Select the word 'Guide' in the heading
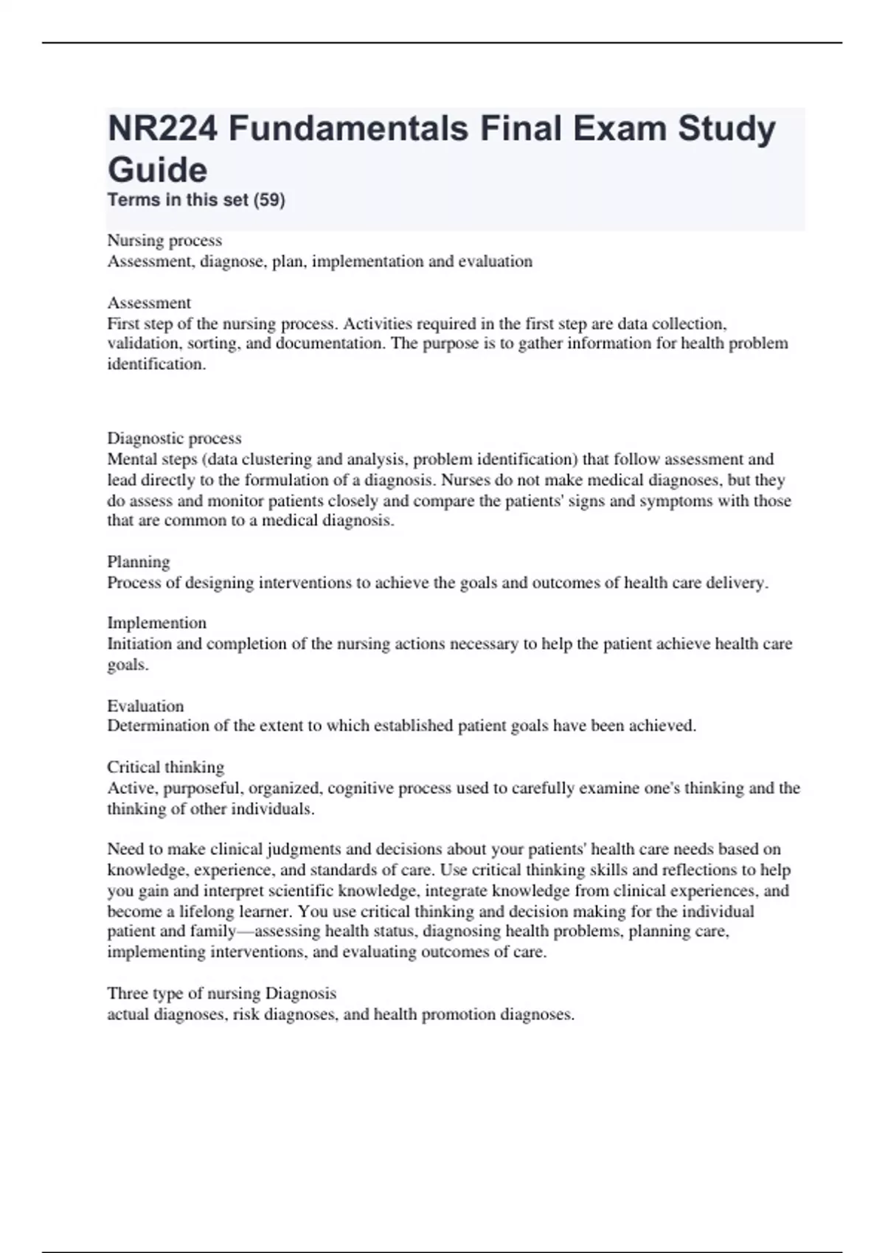157,170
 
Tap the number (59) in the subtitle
268,200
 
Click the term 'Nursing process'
164,240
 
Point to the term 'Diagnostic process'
174,438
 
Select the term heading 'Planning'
139,562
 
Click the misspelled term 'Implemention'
156,623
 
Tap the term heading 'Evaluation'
145,705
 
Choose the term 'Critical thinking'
165,767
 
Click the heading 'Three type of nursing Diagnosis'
221,993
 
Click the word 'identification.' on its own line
156,364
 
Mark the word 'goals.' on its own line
128,664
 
